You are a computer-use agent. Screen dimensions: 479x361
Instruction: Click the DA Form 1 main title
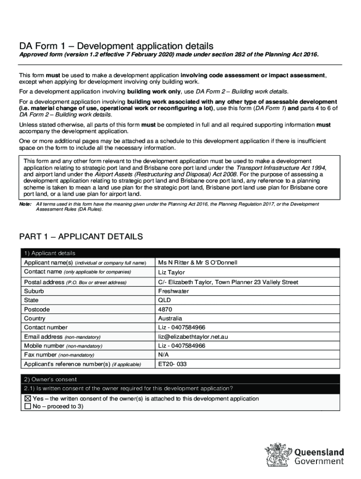[x=116, y=46]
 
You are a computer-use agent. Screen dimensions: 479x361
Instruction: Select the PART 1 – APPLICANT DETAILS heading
[x=81, y=237]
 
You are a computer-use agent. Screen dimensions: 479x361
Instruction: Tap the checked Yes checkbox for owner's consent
[x=27, y=399]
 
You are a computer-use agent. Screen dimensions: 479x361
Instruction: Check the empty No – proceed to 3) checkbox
[x=27, y=406]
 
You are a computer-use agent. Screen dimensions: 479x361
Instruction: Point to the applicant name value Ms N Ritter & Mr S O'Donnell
[x=198, y=262]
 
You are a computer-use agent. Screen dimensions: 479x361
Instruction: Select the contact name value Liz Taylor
[x=172, y=272]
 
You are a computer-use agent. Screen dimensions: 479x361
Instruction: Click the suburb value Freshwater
[x=173, y=291]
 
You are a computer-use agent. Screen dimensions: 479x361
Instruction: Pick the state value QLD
[x=165, y=300]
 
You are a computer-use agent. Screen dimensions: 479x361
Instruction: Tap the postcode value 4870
[x=165, y=309]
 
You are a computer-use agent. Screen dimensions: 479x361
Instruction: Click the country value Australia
[x=170, y=319]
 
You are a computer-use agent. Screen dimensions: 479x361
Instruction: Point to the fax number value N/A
[x=164, y=355]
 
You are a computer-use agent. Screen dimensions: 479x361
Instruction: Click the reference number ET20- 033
[x=173, y=363]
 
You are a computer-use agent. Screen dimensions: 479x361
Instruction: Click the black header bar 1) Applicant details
[x=180, y=253]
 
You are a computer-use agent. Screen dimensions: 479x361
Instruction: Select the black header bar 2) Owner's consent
[x=180, y=379]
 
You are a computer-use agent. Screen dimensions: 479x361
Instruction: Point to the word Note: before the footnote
[x=25, y=204]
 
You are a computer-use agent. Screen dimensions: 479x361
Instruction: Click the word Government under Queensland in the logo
[x=319, y=462]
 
